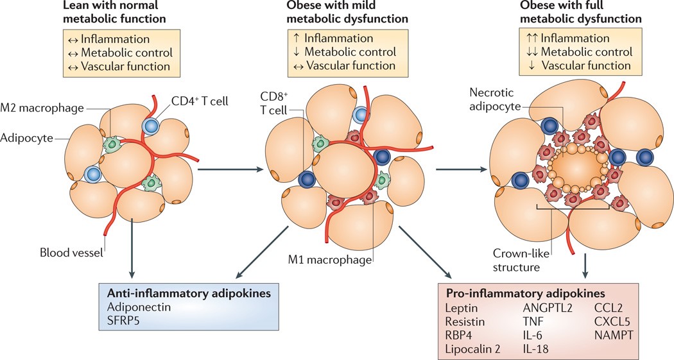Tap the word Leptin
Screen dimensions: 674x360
(462, 308)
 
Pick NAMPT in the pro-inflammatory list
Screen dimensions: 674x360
(614, 335)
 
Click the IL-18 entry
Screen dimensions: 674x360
(535, 348)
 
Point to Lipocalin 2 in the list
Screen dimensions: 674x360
(473, 349)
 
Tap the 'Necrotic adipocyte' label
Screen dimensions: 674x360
(494, 99)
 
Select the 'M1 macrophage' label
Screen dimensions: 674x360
(330, 259)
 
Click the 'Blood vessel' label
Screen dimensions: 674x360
(71, 252)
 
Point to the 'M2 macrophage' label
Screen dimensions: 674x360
(42, 107)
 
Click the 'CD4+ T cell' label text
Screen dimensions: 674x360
(200, 101)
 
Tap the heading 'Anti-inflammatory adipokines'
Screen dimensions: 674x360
(189, 293)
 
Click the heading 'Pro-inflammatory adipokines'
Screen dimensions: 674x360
(526, 293)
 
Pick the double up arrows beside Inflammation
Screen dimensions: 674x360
(532, 39)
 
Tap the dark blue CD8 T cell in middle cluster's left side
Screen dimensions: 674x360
(306, 178)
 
